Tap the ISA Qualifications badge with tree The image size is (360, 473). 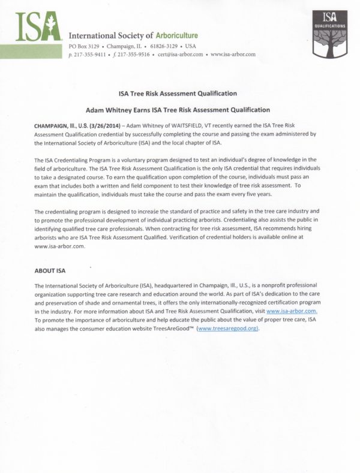pos(330,32)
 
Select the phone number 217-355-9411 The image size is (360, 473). pos(89,54)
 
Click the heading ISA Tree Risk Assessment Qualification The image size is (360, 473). pos(179,94)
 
